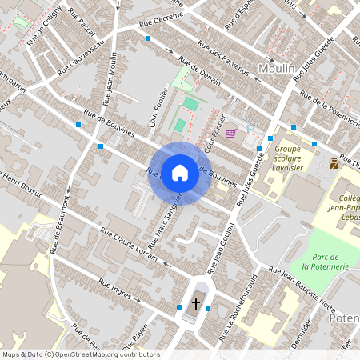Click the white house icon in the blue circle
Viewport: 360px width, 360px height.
(180, 172)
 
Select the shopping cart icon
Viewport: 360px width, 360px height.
(231, 134)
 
